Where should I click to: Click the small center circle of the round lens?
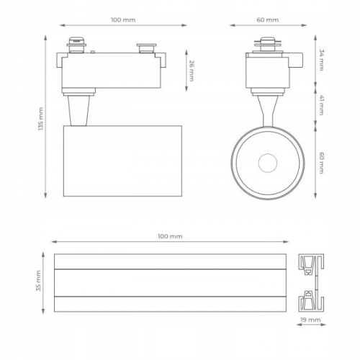tap(264, 162)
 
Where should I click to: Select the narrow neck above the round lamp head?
tap(265, 112)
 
